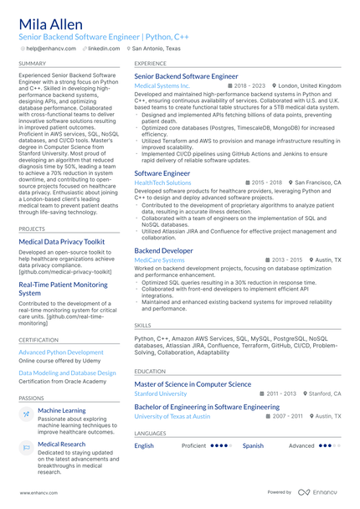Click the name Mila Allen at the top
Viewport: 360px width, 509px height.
[x=52, y=23]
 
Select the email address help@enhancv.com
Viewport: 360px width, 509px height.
[x=51, y=49]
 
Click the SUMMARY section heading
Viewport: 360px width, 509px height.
[x=33, y=64]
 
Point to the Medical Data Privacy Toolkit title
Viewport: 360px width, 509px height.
[x=62, y=242]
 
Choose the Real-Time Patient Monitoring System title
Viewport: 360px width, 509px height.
[x=64, y=289]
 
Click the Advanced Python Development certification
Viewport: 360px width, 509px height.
[x=61, y=352]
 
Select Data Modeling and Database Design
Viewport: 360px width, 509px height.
[x=67, y=373]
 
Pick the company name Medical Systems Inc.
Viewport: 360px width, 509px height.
[x=162, y=85]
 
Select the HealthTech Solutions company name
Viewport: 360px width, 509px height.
[x=162, y=182]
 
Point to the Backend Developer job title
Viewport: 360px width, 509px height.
[x=163, y=250]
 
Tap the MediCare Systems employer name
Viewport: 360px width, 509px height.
[x=159, y=260]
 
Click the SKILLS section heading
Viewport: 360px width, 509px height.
[x=143, y=325]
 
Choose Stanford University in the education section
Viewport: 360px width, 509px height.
[x=161, y=393]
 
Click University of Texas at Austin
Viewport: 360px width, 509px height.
[x=172, y=415]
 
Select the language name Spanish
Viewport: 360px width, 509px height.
[x=253, y=445]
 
